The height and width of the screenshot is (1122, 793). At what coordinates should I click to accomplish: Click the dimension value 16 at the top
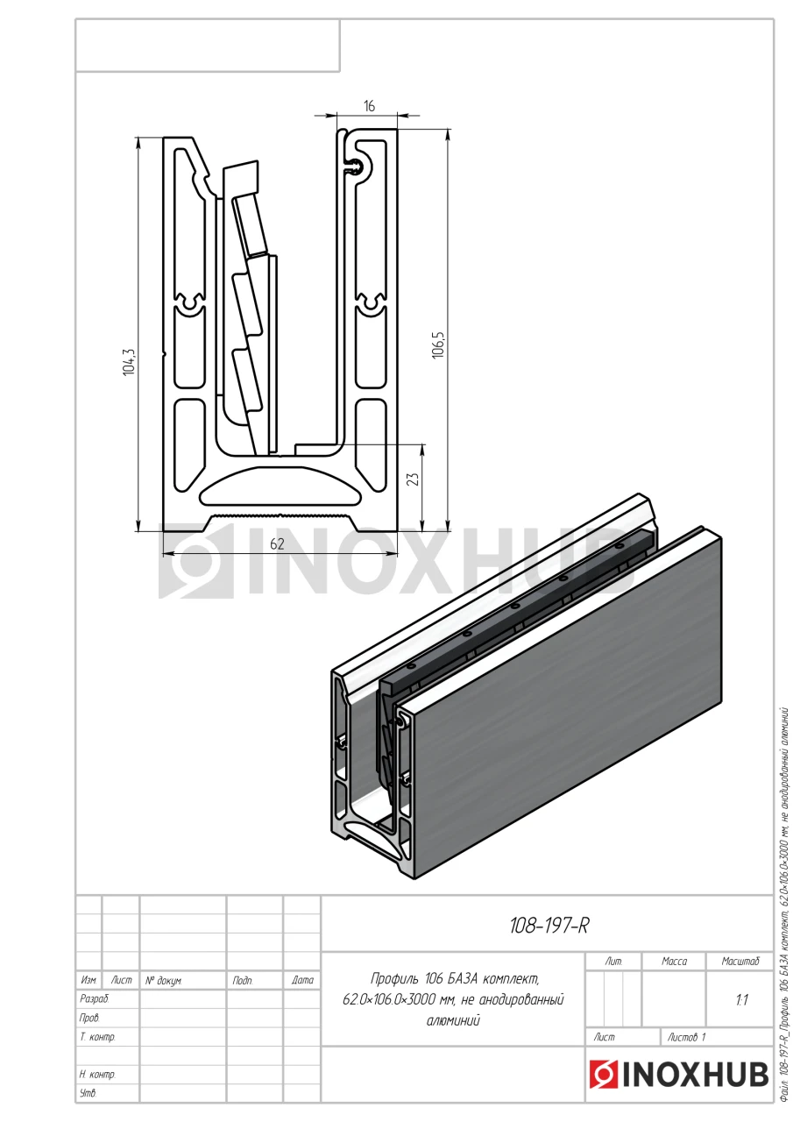click(x=369, y=106)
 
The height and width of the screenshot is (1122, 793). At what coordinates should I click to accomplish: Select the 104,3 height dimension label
click(x=129, y=362)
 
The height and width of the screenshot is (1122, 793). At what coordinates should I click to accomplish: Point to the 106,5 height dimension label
click(x=438, y=345)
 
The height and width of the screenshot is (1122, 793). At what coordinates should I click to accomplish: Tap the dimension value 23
click(x=413, y=479)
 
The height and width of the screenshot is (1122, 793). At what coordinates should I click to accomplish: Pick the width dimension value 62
click(x=277, y=544)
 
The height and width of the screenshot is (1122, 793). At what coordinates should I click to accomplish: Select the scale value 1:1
click(x=741, y=1000)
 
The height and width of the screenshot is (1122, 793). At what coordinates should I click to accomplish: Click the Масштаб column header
click(x=740, y=962)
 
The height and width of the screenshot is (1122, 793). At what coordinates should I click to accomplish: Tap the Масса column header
click(x=674, y=962)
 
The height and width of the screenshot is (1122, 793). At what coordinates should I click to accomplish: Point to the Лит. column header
click(x=613, y=962)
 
